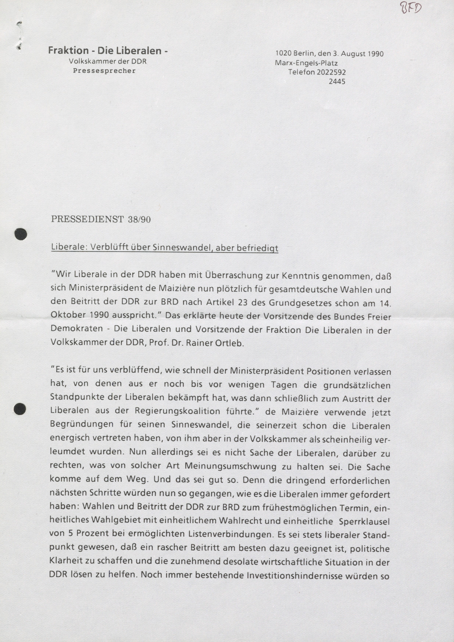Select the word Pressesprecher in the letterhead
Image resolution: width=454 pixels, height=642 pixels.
click(x=104, y=71)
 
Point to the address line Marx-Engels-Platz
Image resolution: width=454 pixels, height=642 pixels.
click(x=306, y=63)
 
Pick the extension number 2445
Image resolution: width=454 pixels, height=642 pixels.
click(x=337, y=82)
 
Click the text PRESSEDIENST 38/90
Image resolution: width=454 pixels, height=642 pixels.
click(x=101, y=219)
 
